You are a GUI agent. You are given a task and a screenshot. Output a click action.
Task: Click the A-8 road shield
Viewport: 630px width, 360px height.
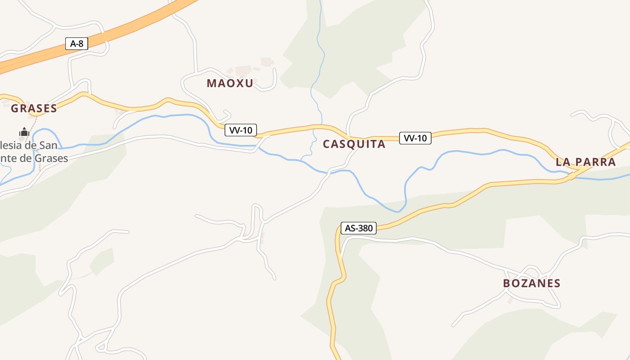(77, 44)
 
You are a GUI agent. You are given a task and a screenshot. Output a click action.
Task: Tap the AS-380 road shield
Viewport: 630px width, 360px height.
(358, 228)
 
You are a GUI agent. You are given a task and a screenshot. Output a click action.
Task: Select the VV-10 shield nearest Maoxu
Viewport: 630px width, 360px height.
(241, 130)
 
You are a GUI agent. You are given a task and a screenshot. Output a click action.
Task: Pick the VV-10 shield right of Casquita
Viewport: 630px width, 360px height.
(415, 138)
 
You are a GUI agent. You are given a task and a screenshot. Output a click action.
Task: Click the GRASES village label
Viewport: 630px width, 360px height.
(34, 108)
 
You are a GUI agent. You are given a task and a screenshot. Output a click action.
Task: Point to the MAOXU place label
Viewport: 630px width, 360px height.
(230, 83)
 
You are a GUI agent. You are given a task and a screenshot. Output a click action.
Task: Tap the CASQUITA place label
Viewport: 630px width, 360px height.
(354, 144)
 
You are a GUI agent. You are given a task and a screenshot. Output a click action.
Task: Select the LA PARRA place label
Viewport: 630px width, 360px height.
(585, 162)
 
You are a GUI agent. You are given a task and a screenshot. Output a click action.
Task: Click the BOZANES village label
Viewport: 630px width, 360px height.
(531, 283)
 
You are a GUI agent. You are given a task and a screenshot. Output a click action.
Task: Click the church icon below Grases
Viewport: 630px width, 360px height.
(24, 132)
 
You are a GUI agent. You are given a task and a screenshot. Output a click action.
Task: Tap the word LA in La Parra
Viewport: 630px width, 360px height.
(563, 162)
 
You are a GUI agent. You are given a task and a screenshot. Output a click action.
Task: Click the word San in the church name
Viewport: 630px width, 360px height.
(48, 145)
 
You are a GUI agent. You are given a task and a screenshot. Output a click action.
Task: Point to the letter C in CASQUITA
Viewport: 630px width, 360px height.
(327, 144)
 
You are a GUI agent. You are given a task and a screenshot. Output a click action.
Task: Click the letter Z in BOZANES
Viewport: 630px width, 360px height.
(525, 283)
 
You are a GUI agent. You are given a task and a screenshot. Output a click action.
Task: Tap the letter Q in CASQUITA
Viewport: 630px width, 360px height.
(352, 144)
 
